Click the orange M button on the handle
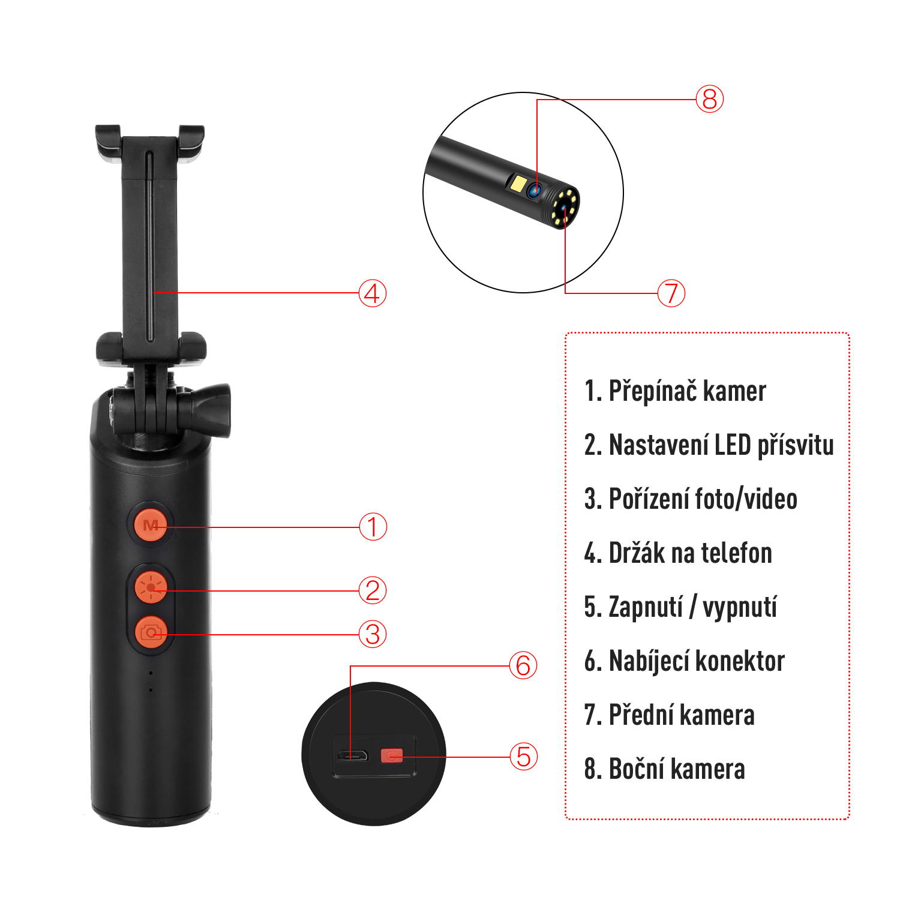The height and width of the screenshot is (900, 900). (150, 526)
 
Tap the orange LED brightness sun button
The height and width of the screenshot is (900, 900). (150, 586)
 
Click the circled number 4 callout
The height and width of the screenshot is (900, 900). (372, 293)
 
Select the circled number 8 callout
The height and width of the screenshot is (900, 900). (709, 99)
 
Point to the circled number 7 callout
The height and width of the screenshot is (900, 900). (671, 293)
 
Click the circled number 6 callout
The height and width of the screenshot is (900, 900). (523, 665)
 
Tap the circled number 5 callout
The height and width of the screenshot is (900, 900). (523, 757)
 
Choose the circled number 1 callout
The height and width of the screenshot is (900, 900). (373, 527)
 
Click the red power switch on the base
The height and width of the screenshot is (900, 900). (392, 755)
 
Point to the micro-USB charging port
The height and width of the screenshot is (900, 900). (352, 755)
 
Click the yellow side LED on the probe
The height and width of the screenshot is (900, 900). (518, 183)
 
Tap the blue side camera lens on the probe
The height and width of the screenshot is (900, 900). (535, 191)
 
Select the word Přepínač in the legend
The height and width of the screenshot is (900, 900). (652, 391)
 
